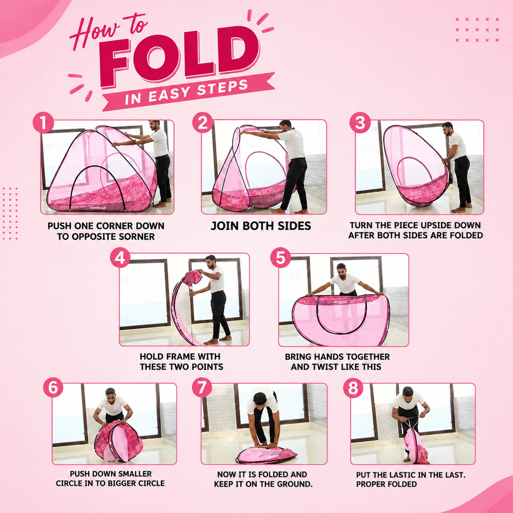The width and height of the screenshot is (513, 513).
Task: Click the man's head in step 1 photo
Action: [x=154, y=125]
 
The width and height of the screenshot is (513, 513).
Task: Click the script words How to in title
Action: [x=109, y=29]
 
